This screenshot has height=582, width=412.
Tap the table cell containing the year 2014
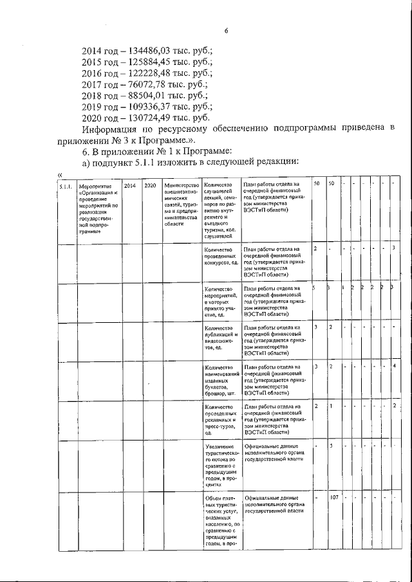click(x=129, y=185)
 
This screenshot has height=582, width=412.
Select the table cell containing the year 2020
click(x=150, y=185)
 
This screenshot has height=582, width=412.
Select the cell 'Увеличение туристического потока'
click(x=221, y=467)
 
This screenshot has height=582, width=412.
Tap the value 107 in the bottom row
click(x=334, y=498)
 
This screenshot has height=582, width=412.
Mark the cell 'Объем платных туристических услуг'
click(x=221, y=521)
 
